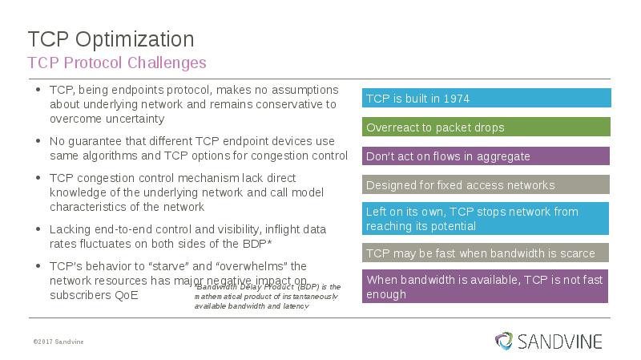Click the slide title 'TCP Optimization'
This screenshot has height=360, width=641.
click(x=111, y=39)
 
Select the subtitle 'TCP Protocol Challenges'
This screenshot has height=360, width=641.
click(x=117, y=63)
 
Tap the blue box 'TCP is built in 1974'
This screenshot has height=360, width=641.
click(x=486, y=98)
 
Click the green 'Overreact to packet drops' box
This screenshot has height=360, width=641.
click(x=486, y=127)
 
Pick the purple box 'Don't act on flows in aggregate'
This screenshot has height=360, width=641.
click(x=486, y=156)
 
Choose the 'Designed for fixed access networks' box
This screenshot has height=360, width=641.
click(x=486, y=184)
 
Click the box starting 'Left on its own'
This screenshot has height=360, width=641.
click(x=486, y=218)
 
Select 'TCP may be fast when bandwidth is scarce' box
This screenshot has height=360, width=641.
click(x=486, y=253)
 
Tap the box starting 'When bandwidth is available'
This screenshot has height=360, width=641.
click(x=486, y=286)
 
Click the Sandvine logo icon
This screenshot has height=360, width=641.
click(x=504, y=341)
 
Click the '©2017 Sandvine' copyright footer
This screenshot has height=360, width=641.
click(x=58, y=342)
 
